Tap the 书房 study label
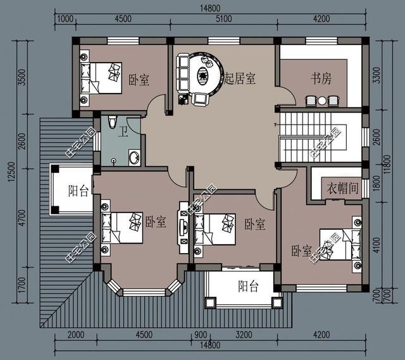point(320,78)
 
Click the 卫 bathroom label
point(125,132)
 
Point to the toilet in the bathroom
point(112,121)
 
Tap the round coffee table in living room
point(204,77)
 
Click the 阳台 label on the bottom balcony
point(247,286)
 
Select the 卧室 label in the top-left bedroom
point(139,80)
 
